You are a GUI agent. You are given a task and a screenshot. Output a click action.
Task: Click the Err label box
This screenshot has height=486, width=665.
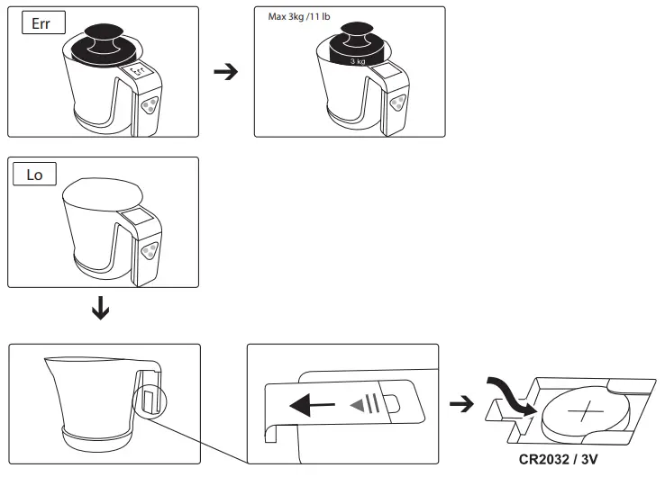(x=41, y=24)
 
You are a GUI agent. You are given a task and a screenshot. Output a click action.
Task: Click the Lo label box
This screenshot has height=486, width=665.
(x=34, y=175)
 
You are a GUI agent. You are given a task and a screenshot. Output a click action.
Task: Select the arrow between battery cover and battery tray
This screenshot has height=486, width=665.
(x=461, y=405)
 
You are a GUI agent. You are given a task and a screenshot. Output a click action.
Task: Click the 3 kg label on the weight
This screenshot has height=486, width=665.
(x=358, y=61)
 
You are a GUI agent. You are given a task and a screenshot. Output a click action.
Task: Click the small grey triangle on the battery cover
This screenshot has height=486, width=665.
(x=359, y=406)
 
